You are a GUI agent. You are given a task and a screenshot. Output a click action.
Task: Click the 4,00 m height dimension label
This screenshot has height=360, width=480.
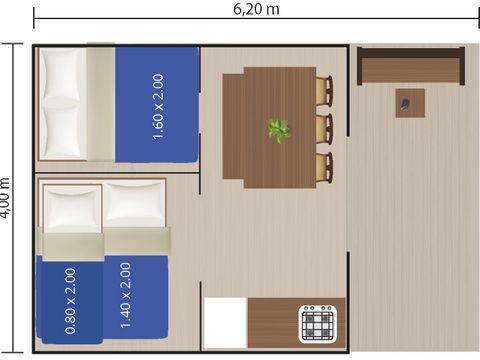point(7,197)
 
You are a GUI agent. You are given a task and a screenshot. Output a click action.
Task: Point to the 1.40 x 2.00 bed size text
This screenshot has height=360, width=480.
point(125,296)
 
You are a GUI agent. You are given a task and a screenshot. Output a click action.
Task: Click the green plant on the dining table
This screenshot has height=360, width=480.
point(278,130)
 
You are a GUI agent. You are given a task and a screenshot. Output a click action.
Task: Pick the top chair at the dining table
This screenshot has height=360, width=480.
point(324,92)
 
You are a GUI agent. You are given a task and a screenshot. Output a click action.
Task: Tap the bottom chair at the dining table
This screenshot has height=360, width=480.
point(324,166)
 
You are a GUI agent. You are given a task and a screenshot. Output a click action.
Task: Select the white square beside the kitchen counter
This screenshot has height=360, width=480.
point(225,322)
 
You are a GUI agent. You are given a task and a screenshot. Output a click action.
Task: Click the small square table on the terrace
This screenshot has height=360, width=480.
point(409,103)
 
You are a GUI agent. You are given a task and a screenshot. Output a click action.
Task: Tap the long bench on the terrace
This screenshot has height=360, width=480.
point(410,67)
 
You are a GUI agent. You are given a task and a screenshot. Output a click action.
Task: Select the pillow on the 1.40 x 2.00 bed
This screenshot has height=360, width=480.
point(134,205)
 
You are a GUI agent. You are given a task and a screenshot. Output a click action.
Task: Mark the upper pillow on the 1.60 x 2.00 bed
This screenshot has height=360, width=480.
point(61,74)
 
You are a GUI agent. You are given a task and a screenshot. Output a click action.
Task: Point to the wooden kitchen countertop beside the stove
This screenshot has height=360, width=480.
point(272,322)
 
